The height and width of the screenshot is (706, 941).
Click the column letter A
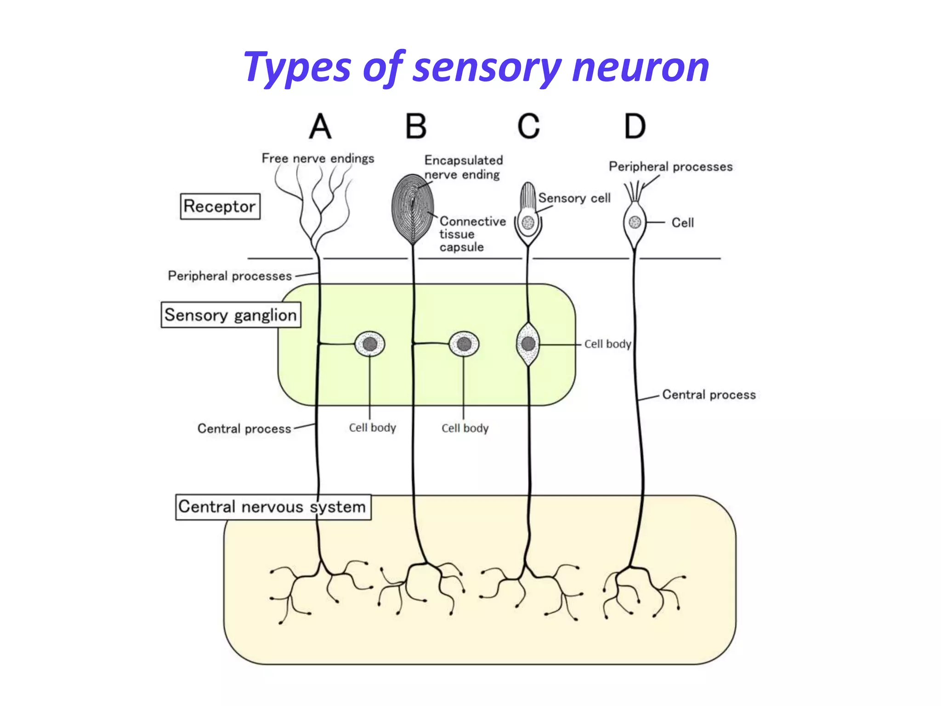coord(320,126)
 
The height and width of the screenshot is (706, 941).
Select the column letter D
coord(635,126)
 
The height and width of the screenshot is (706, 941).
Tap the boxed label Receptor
coord(220,206)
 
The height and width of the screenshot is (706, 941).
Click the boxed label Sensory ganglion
coord(231,315)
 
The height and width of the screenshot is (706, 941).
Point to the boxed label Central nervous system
coord(272,507)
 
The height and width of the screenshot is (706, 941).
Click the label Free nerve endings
coord(318,159)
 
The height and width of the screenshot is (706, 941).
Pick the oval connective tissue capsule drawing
coord(412,209)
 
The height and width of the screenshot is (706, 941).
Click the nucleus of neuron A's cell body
coord(370,344)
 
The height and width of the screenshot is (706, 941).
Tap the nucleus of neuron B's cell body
coord(464,344)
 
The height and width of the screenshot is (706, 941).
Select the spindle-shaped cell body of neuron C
coord(528,344)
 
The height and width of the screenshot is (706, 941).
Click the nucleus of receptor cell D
coord(635,222)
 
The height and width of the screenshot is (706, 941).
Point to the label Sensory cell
coord(574,198)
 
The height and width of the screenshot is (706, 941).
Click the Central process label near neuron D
coord(709,395)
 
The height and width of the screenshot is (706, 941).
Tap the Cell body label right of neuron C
coord(607,344)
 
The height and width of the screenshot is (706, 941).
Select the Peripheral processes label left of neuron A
coord(230,276)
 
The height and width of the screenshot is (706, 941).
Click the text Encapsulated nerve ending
coord(463,167)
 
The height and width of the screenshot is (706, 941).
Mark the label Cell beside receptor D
coord(682,223)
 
